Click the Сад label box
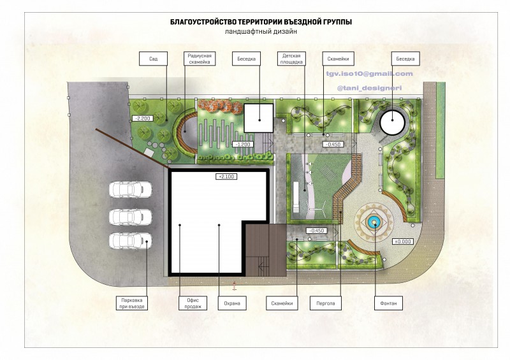point(153,59)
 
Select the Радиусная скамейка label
point(200,59)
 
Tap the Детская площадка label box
point(291,59)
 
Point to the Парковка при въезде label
point(132,303)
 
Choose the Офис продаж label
point(193,303)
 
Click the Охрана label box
point(232,303)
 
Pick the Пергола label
point(326,303)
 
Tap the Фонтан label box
point(388,303)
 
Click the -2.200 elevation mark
point(143,119)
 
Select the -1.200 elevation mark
point(243,144)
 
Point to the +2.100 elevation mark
point(226,176)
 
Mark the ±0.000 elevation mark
point(404,241)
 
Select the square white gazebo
point(259,118)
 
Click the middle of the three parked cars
point(131,217)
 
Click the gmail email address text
point(370,74)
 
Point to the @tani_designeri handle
point(370,88)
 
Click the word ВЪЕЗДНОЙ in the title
point(303,22)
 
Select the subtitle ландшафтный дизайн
point(261,32)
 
